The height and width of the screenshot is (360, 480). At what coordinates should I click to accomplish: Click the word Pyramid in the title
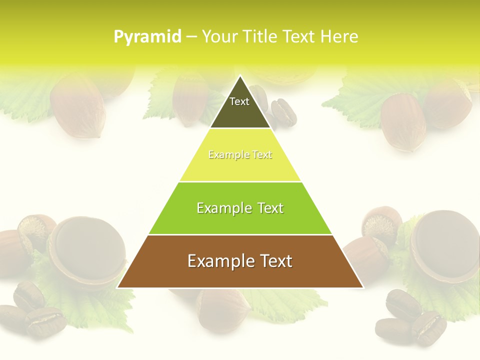147,37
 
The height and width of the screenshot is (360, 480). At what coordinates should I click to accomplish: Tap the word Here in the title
339,36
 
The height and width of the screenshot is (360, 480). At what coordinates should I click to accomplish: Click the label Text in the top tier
239,101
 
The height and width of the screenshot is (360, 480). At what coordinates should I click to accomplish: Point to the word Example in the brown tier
215,261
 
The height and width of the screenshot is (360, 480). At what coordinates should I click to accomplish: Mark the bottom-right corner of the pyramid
363,287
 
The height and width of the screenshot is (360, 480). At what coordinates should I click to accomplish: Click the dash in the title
191,37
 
